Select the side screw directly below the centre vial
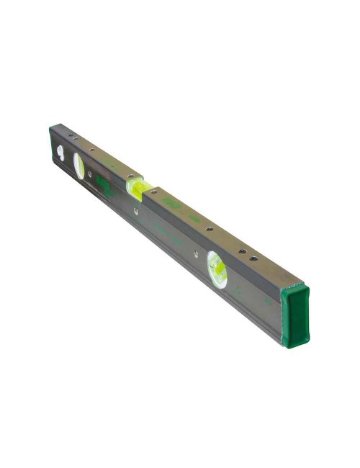pyautogui.click(x=135, y=211)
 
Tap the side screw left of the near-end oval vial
pyautogui.click(x=194, y=253)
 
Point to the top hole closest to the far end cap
pyautogui.click(x=71, y=135)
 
